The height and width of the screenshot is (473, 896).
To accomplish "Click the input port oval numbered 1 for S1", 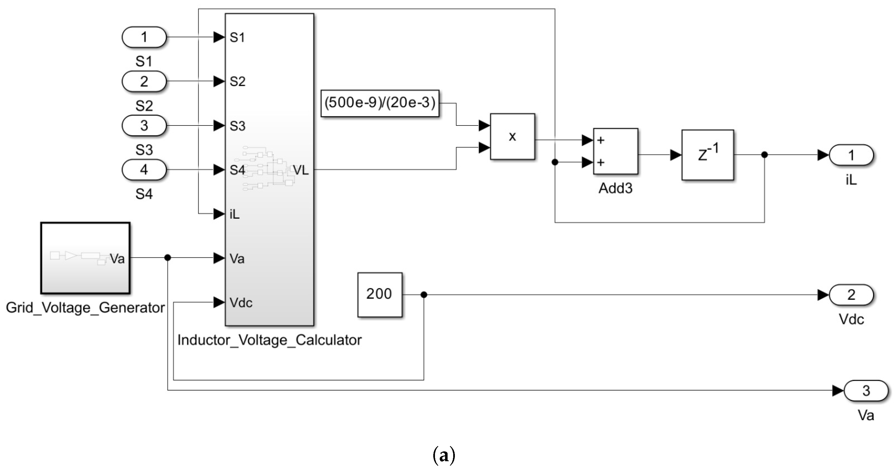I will (144, 37).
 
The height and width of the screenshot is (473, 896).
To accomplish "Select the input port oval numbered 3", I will (144, 125).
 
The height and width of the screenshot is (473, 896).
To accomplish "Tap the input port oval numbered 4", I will (144, 170).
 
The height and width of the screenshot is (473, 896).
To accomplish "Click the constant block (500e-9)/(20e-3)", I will (380, 103).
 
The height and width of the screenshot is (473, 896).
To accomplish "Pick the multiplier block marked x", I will (512, 136).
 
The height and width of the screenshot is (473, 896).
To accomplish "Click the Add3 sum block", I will (615, 151).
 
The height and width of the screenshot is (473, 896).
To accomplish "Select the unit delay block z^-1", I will (708, 155).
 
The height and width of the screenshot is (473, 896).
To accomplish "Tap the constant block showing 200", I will (379, 294).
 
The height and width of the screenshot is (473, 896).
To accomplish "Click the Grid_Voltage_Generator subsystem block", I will (85, 258).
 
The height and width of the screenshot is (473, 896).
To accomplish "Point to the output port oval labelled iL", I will (851, 155).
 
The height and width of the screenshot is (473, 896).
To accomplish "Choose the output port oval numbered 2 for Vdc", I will (851, 295).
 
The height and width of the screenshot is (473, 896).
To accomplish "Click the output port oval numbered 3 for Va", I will (866, 390).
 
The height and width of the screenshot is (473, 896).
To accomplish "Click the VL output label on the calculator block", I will (301, 170).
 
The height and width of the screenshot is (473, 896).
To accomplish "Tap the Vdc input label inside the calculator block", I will (241, 302).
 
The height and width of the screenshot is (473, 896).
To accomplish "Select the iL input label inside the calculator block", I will (235, 214).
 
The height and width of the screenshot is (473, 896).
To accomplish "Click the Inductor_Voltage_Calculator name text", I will (269, 340).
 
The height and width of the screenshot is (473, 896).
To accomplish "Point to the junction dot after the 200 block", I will (424, 295).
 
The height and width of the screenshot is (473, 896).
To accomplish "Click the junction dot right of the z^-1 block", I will (764, 155).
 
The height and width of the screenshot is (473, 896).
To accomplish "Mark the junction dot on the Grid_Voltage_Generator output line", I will (168, 258).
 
